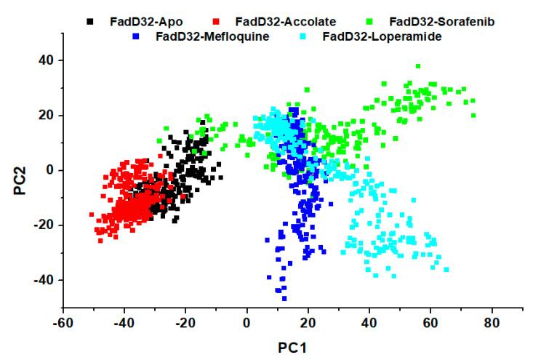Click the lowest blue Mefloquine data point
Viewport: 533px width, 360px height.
pos(284,298)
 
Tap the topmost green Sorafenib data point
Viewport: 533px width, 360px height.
pos(418,66)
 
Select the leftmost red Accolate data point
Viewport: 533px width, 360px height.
pos(92,215)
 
